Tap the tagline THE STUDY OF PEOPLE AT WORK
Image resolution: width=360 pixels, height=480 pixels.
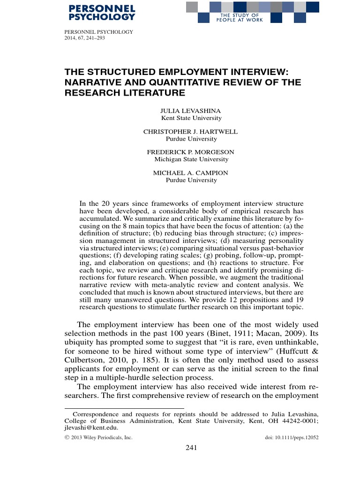236,17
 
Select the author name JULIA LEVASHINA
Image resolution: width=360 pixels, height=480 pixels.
191,112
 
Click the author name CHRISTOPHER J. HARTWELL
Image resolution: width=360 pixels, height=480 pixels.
191,132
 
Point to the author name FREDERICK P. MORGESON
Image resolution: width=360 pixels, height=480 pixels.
191,152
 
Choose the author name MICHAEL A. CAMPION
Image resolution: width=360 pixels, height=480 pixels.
191,173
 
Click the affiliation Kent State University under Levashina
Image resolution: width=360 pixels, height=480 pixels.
191,119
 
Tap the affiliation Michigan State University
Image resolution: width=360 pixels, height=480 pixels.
191,159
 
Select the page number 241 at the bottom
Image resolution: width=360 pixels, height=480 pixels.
191,448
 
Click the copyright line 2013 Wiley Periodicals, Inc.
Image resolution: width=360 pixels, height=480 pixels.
101,437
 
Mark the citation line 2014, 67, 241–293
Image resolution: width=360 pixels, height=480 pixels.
84,38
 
